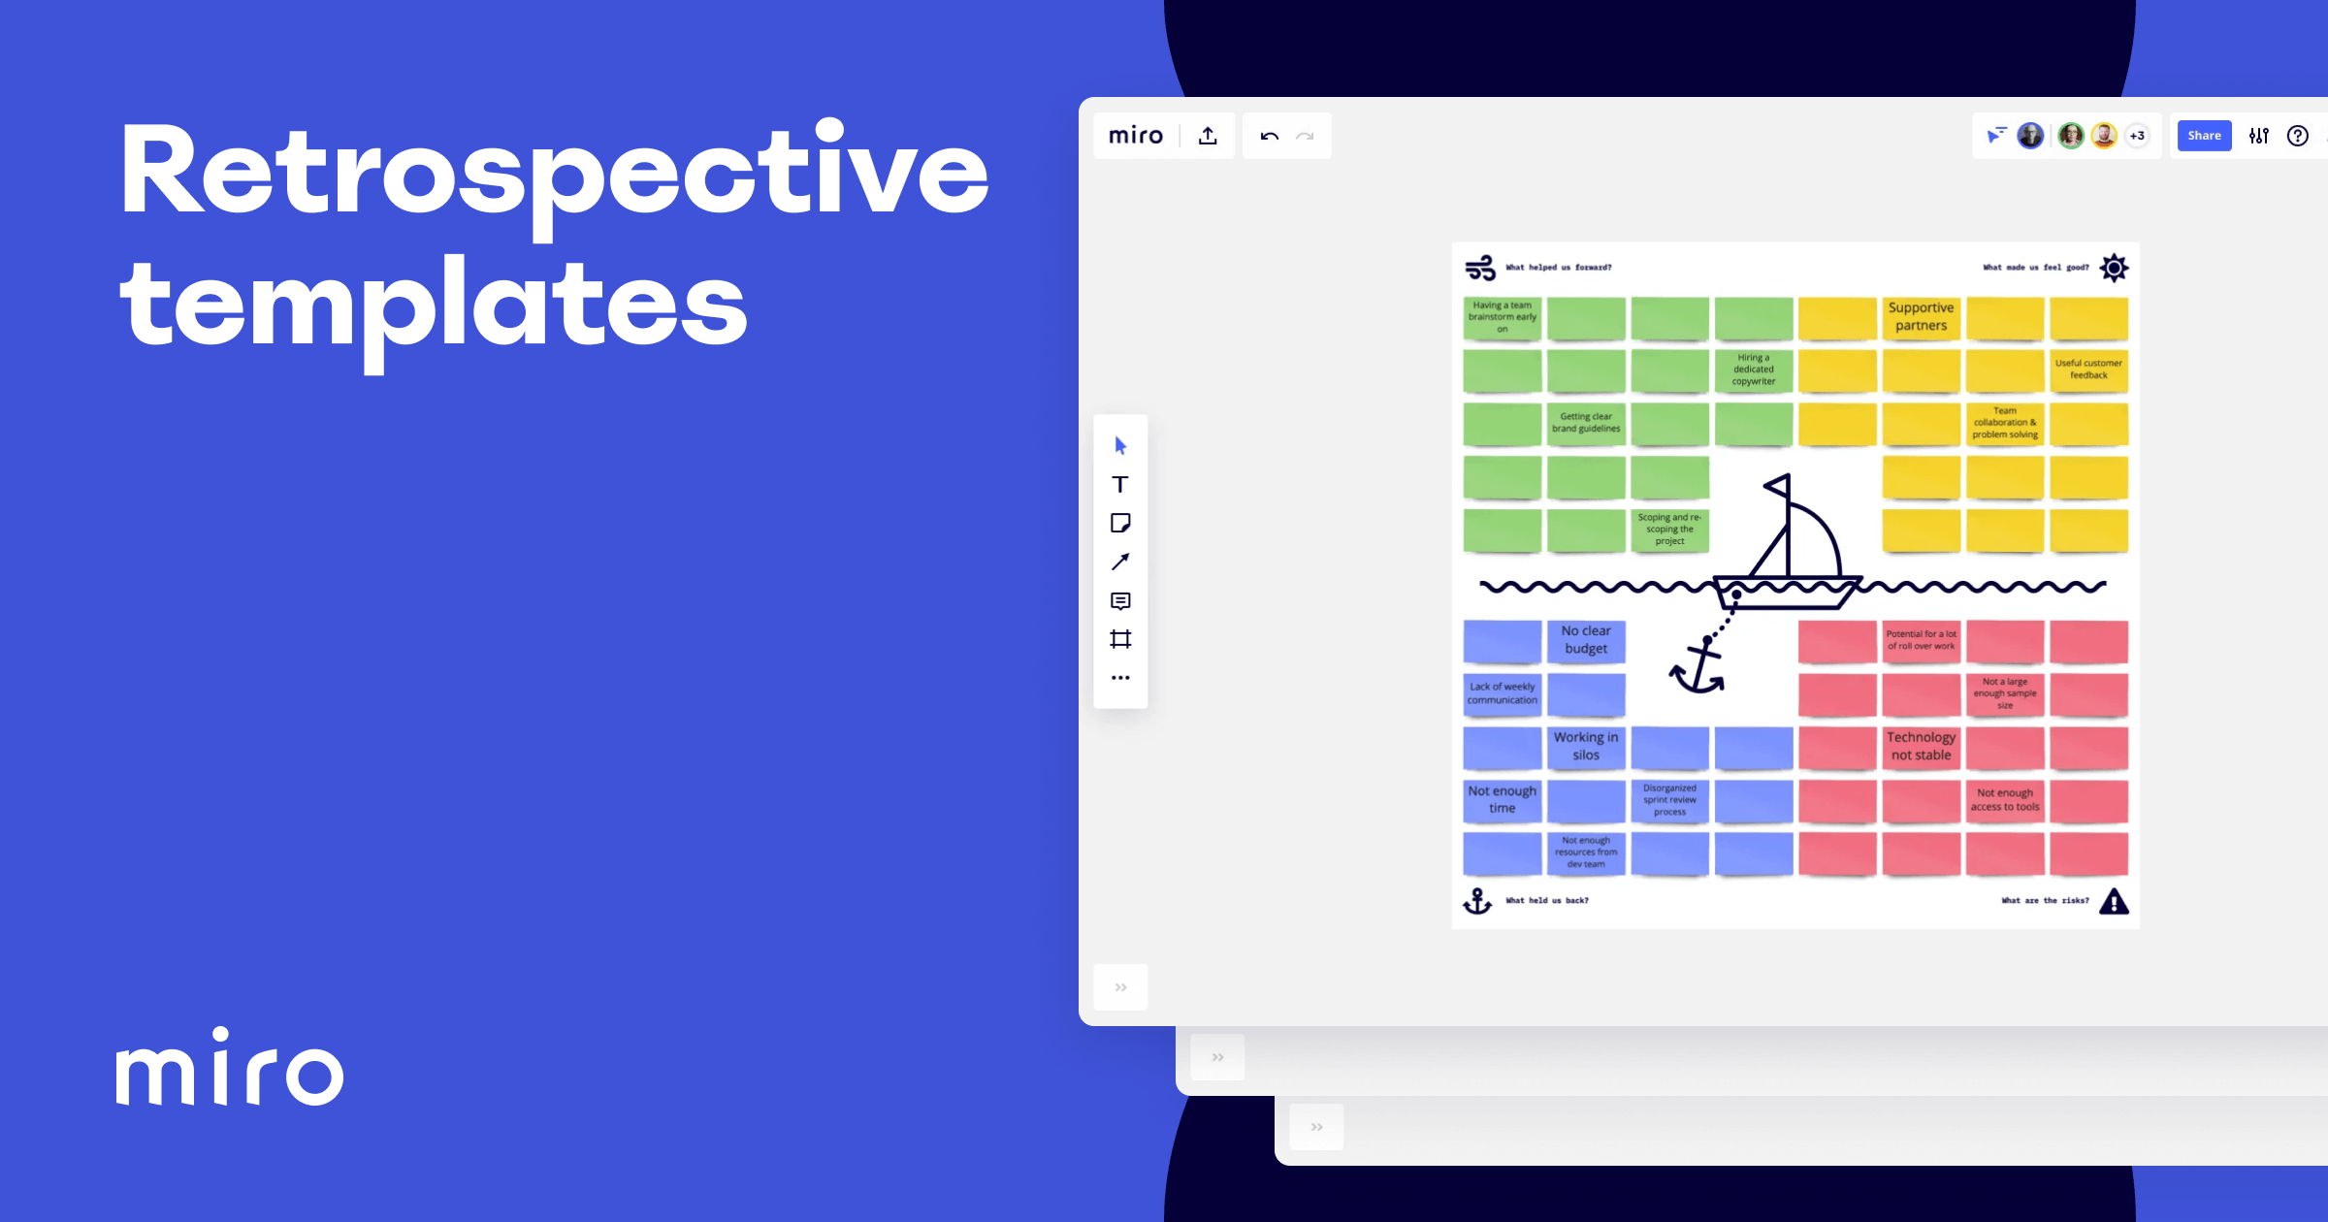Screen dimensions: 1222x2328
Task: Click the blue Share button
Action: tap(2204, 136)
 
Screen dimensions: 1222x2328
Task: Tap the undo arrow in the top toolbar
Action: tap(1269, 136)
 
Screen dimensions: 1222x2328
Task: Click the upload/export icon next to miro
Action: tap(1208, 136)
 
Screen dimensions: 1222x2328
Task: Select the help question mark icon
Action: tap(2297, 136)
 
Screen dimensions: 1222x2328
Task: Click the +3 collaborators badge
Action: tap(2137, 136)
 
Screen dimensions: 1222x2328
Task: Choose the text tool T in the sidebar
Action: tap(1120, 485)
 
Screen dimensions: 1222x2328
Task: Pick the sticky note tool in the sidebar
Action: tap(1120, 524)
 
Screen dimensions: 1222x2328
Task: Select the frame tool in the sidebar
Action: tap(1120, 639)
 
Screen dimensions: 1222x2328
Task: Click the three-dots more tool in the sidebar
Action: tap(1120, 678)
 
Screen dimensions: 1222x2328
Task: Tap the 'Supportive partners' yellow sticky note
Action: tap(1921, 317)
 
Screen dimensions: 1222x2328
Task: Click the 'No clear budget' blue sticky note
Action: tap(1586, 640)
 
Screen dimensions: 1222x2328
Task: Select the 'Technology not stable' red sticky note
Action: tap(1921, 747)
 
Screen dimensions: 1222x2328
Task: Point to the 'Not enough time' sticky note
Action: tap(1502, 800)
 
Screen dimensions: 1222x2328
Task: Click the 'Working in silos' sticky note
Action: tap(1586, 747)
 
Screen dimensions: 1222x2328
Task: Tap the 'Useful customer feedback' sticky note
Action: tap(2088, 370)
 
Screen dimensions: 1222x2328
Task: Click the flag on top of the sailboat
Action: tap(1778, 485)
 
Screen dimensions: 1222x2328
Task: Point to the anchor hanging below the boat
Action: tap(1697, 669)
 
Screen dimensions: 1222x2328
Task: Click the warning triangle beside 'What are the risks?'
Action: tap(2114, 902)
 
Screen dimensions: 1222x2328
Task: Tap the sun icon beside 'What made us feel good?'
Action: tap(2114, 268)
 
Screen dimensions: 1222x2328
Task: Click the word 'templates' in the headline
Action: tap(434, 305)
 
